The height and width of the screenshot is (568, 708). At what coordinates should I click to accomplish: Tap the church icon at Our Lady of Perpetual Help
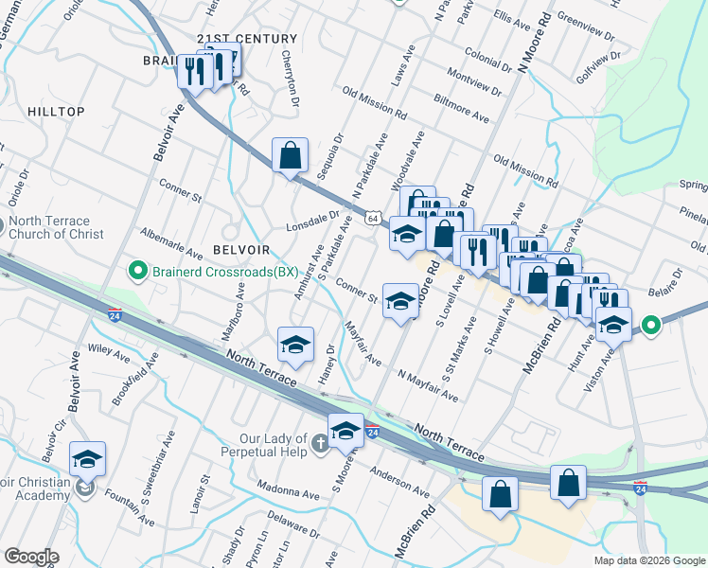[321, 441]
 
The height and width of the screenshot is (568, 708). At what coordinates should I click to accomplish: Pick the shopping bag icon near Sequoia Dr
[291, 154]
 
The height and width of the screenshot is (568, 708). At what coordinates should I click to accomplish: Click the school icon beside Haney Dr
[295, 344]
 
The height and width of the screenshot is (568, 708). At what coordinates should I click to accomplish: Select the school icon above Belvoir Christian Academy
[87, 459]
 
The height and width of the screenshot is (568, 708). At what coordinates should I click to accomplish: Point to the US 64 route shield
[375, 219]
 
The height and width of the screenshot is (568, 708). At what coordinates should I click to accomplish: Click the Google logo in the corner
[31, 557]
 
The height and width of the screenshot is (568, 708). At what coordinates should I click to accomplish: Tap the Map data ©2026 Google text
[649, 560]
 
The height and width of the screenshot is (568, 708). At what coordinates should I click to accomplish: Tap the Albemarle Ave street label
[170, 242]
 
